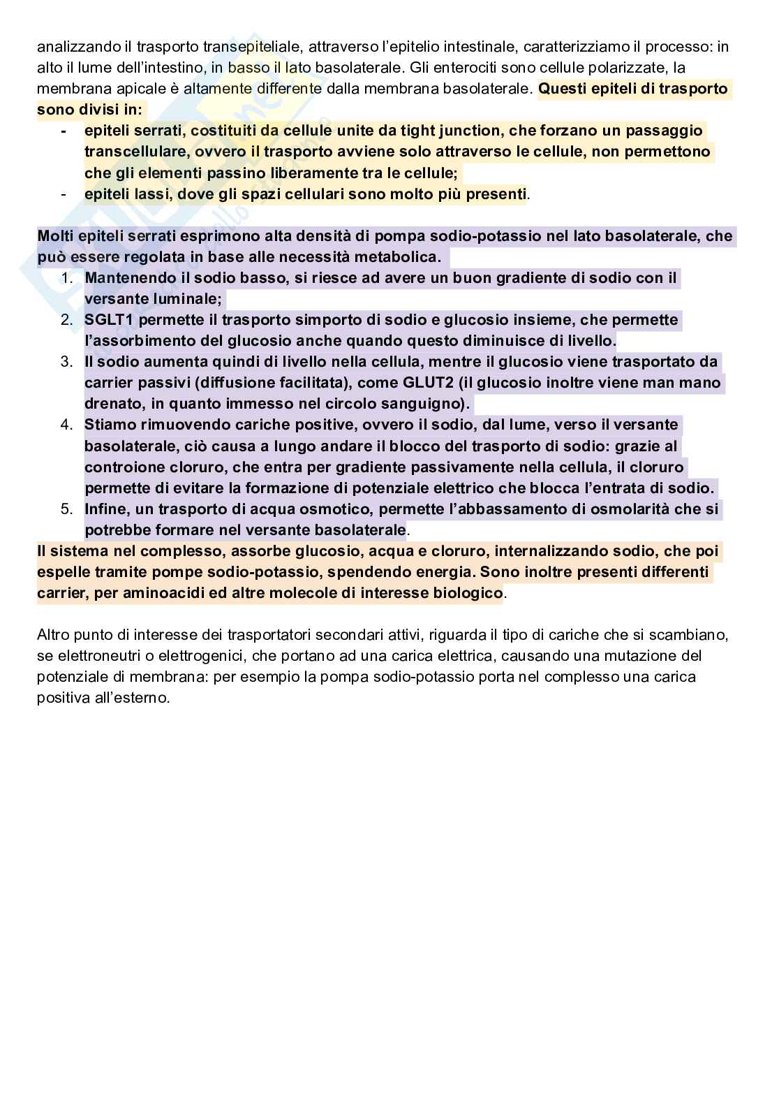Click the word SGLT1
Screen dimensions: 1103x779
107,320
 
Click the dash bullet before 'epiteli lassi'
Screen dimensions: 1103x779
64,194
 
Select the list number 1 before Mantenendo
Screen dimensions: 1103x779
66,278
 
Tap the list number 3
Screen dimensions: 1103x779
66,362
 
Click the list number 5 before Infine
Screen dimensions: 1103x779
66,509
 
